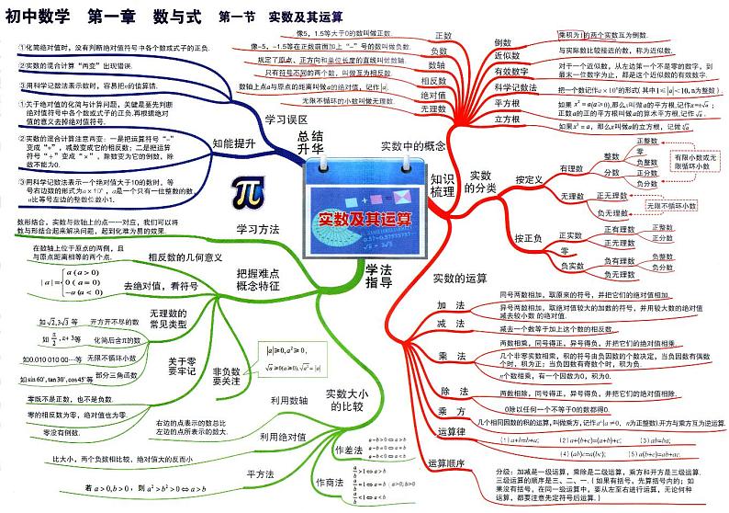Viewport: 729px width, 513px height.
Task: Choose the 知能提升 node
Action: [233, 144]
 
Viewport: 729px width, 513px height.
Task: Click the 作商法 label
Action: [330, 483]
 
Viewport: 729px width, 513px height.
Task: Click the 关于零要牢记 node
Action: [179, 360]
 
